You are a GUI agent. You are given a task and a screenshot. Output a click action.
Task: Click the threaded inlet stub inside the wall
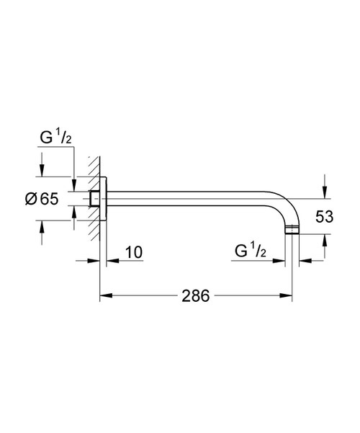point(94,199)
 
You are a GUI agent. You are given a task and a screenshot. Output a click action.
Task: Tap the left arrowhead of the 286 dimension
point(103,296)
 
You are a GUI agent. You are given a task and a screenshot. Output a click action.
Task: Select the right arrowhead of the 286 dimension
point(288,296)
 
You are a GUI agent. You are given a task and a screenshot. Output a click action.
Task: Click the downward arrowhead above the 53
point(324,192)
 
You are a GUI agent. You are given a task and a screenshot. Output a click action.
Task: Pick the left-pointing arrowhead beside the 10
point(112,260)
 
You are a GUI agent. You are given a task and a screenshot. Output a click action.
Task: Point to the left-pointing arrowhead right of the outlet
point(305,260)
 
